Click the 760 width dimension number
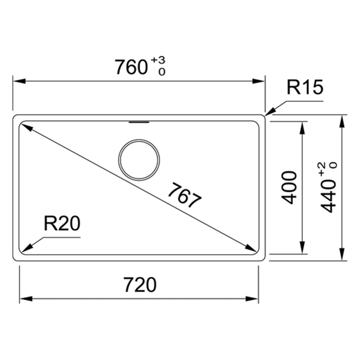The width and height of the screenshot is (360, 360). [131, 67]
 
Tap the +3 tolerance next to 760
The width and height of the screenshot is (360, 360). [158, 60]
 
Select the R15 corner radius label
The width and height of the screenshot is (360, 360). [305, 87]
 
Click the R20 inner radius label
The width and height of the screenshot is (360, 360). [62, 224]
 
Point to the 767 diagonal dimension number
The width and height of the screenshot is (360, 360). [185, 195]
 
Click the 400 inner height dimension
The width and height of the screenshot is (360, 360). [289, 187]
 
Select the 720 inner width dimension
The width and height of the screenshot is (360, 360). [140, 285]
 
